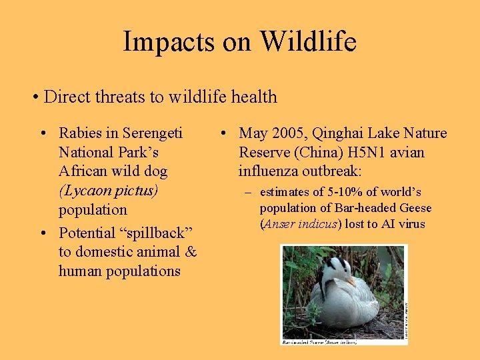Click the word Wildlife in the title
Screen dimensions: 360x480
(308, 41)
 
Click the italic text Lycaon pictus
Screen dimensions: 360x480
(109, 191)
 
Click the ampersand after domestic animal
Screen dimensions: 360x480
(191, 251)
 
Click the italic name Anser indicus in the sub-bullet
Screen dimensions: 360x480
(302, 224)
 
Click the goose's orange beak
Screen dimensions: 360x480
(351, 281)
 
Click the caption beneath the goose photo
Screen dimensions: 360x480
(319, 342)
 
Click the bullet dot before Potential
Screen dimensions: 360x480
(42, 233)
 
